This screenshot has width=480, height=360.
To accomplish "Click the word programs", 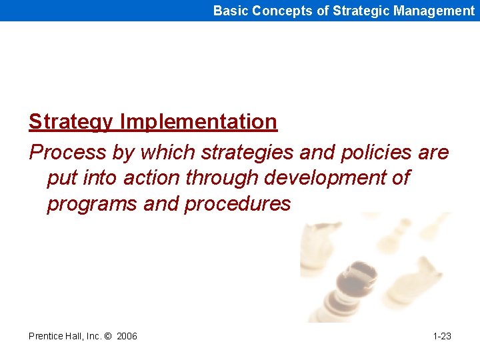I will pyautogui.click(x=93, y=203).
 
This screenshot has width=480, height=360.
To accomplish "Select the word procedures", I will pyautogui.click(x=237, y=203).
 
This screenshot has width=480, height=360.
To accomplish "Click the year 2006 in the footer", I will pyautogui.click(x=127, y=336).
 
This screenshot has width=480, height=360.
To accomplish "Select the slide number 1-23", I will pyautogui.click(x=442, y=336).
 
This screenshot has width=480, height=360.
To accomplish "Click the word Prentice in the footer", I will pyautogui.click(x=46, y=336).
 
